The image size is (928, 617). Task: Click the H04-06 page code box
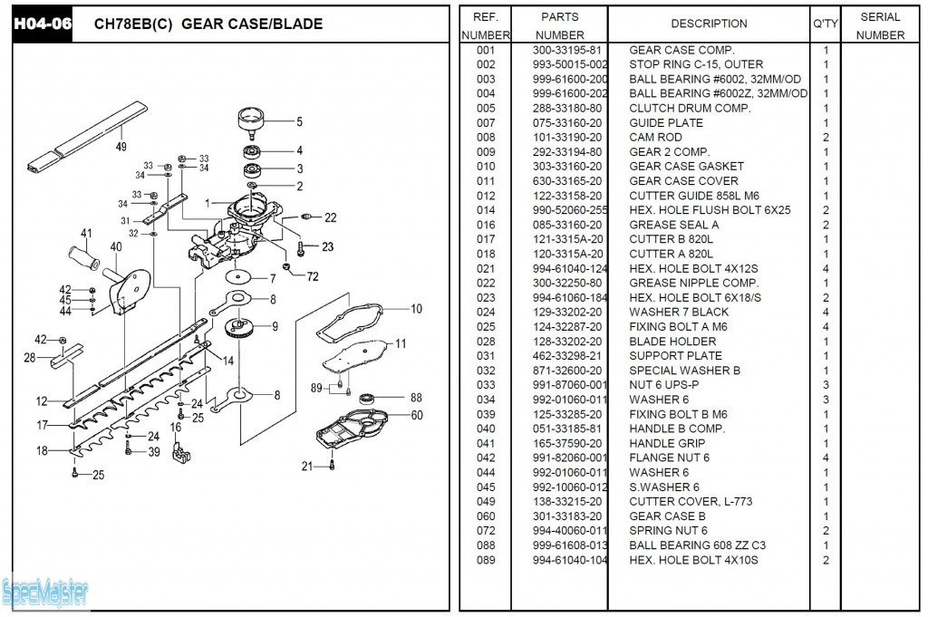click(x=42, y=24)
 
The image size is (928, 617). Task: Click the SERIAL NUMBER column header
click(x=880, y=25)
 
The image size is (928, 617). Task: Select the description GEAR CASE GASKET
click(x=686, y=167)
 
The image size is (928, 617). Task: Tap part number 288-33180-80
click(x=568, y=109)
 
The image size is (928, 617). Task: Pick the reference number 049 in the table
click(x=486, y=502)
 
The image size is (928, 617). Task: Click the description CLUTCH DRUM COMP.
click(x=690, y=109)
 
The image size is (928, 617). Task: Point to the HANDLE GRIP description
click(x=666, y=444)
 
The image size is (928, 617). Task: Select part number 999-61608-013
click(x=570, y=545)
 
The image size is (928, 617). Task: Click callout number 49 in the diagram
click(x=121, y=146)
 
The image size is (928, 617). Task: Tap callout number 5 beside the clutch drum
click(x=299, y=121)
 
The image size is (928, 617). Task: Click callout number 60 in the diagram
click(x=416, y=416)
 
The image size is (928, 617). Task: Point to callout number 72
click(x=313, y=275)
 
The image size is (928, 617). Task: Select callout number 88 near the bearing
click(x=416, y=397)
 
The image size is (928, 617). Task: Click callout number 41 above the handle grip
click(x=86, y=233)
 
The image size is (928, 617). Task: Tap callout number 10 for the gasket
click(x=416, y=309)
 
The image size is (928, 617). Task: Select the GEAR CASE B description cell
click(x=667, y=516)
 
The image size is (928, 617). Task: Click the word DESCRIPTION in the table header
click(x=709, y=24)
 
